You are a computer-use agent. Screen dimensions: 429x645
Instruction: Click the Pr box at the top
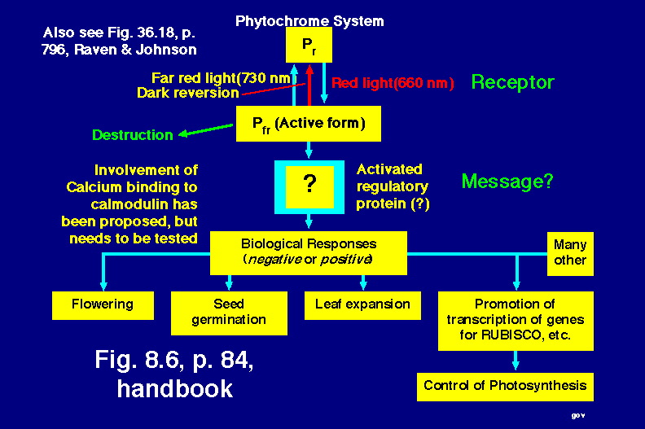309,45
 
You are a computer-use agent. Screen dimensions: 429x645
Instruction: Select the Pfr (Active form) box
309,124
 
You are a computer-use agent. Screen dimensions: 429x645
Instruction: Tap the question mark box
309,185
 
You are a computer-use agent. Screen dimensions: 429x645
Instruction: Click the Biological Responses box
309,252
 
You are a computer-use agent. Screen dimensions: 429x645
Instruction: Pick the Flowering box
102,304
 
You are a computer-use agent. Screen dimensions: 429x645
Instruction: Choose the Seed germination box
229,312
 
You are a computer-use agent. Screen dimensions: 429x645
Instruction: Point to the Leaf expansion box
362,304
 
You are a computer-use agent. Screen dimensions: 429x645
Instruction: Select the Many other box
570,252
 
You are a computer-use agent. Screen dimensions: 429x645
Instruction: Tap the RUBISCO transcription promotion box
515,320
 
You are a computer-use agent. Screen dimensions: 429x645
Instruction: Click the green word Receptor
512,82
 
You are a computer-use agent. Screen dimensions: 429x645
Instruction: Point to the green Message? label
507,182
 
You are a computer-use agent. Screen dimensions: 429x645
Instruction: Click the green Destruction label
132,135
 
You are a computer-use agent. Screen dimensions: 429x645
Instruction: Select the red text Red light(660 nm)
393,83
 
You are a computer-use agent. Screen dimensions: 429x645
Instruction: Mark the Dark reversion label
187,93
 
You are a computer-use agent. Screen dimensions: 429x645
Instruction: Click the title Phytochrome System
309,20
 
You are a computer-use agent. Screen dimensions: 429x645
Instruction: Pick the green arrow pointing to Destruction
208,130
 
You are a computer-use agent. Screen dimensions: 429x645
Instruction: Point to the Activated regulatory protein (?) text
393,186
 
